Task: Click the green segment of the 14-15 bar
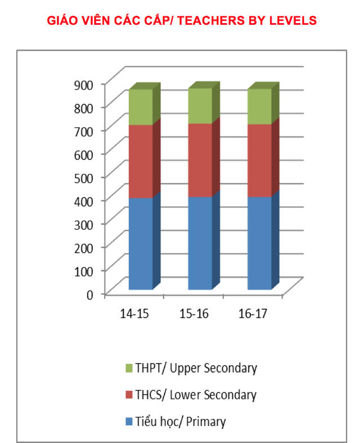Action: coord(141,107)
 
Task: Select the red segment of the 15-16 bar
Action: coord(200,160)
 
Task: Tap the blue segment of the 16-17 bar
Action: coord(259,243)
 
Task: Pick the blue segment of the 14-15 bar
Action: coord(141,244)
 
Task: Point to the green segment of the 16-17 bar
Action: coord(259,106)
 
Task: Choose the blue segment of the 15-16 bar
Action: coord(200,243)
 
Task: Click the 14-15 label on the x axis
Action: coord(134,314)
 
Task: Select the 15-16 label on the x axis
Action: coord(194,314)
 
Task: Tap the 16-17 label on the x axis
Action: coord(253,314)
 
